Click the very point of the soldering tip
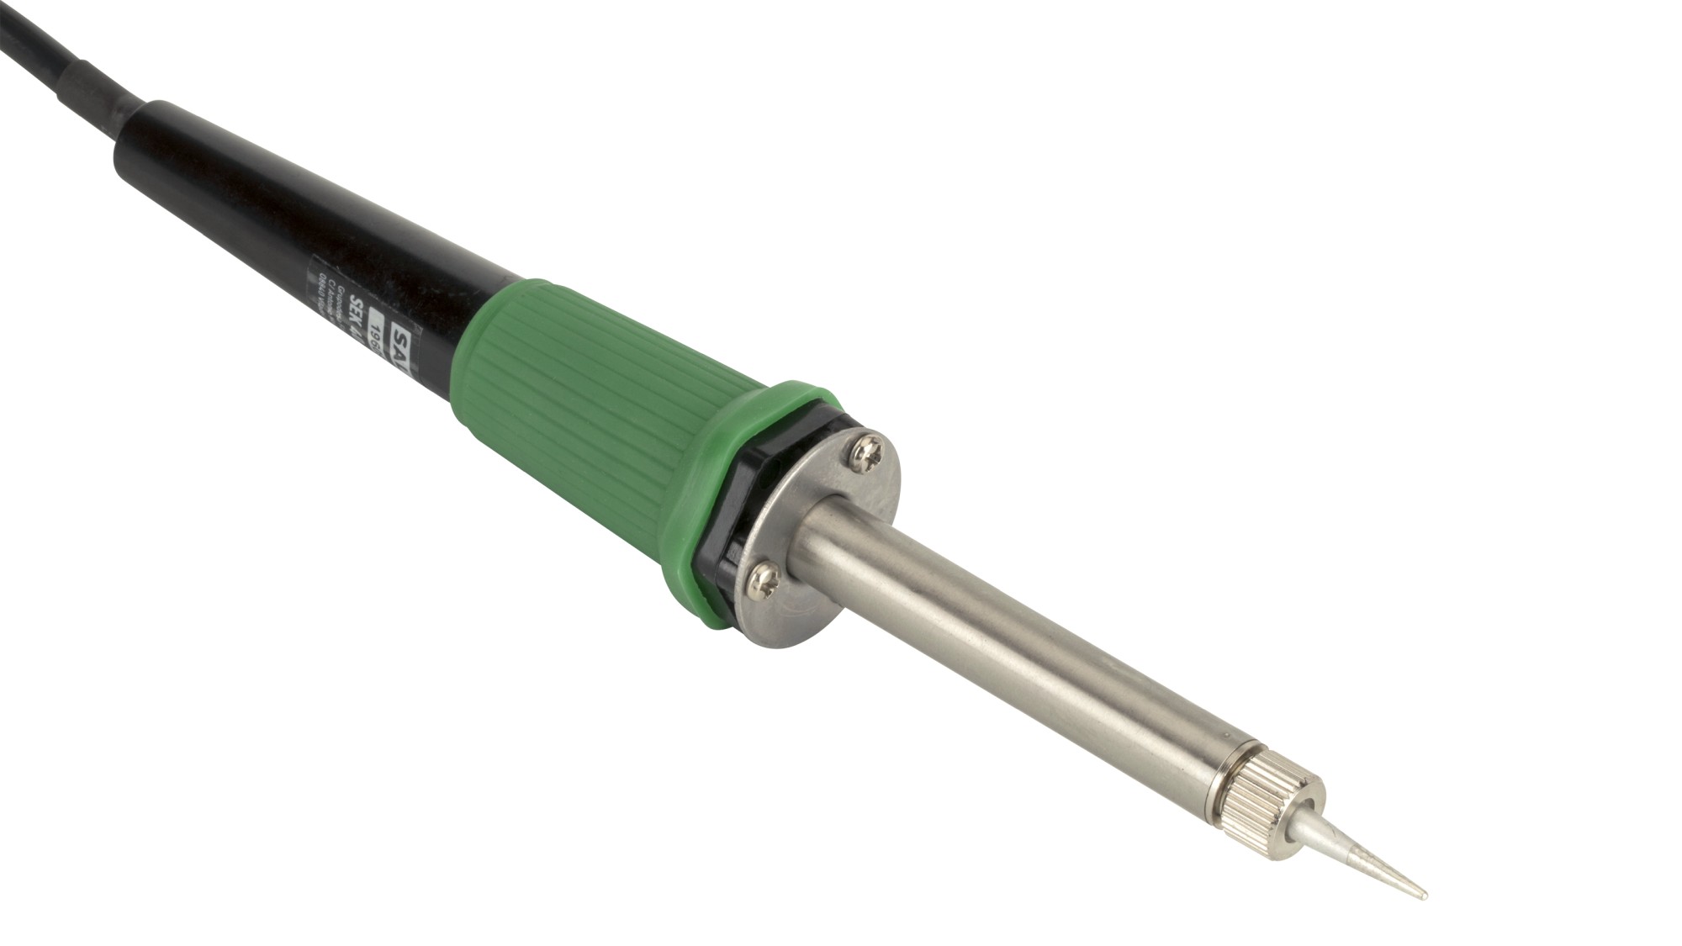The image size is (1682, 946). (1424, 895)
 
